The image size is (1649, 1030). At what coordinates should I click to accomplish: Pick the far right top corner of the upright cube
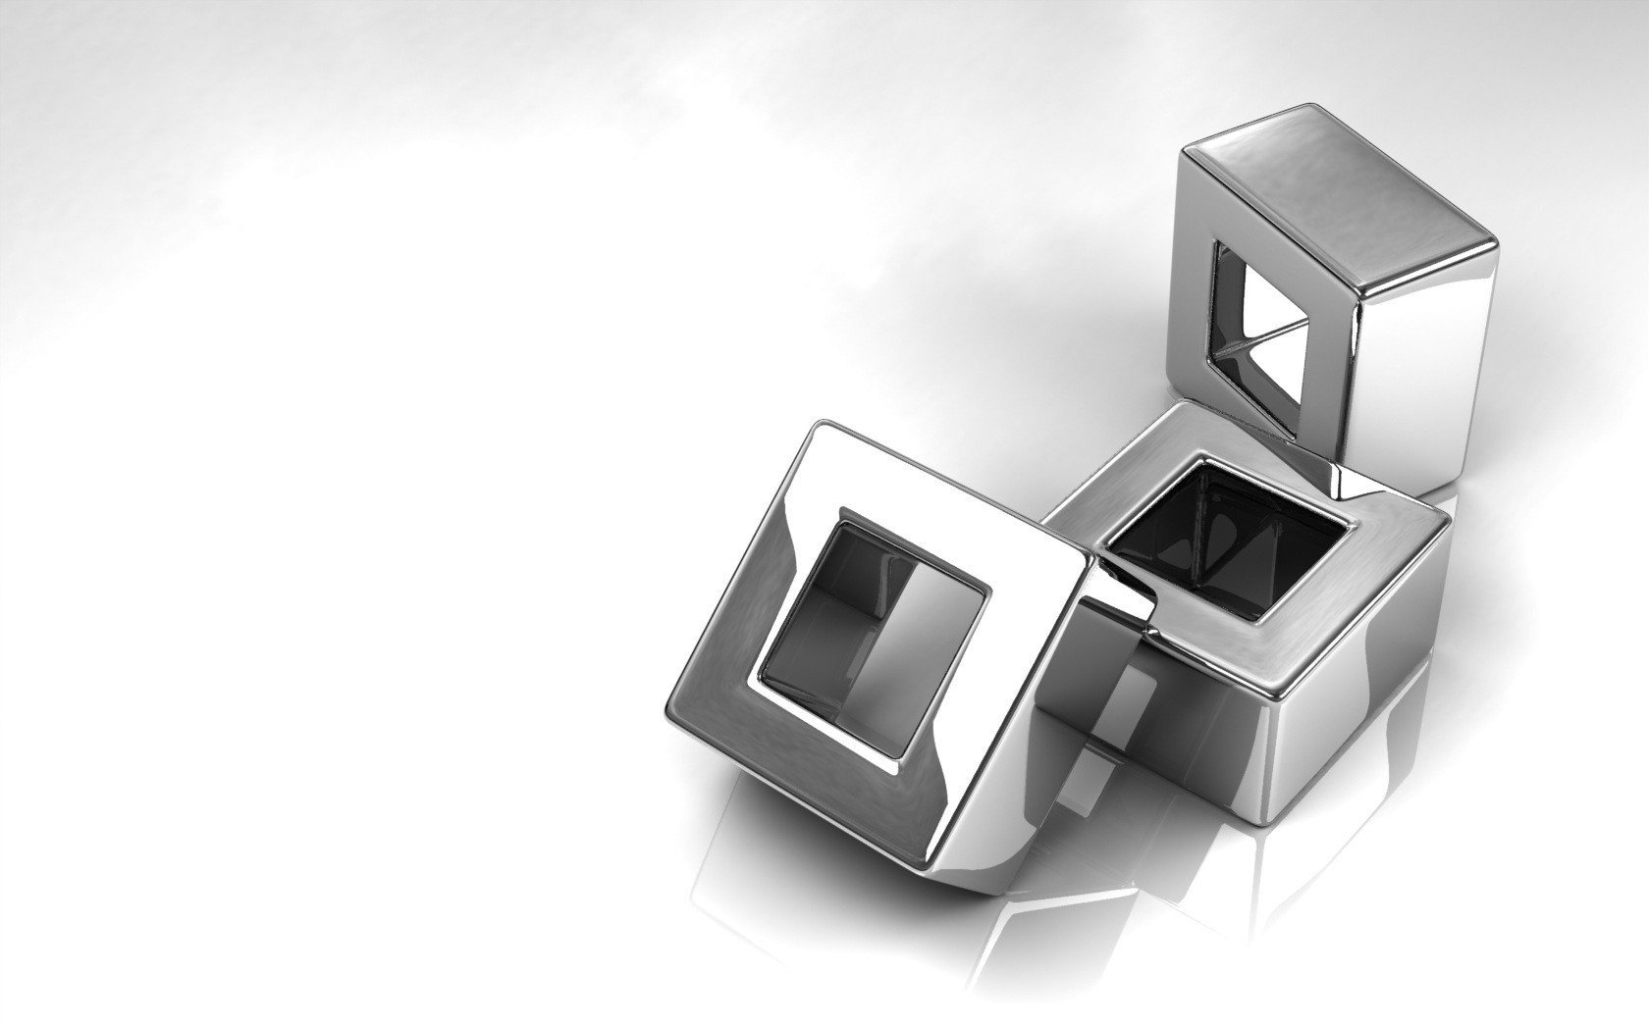pos(1492,240)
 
